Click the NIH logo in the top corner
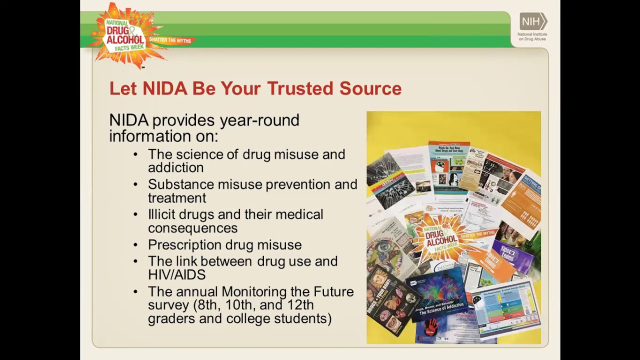533,21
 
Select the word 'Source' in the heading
370,88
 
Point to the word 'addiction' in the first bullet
175,167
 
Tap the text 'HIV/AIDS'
176,274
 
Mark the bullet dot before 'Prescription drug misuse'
136,245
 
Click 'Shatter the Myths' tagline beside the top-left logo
170,40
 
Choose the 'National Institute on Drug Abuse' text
532,36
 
